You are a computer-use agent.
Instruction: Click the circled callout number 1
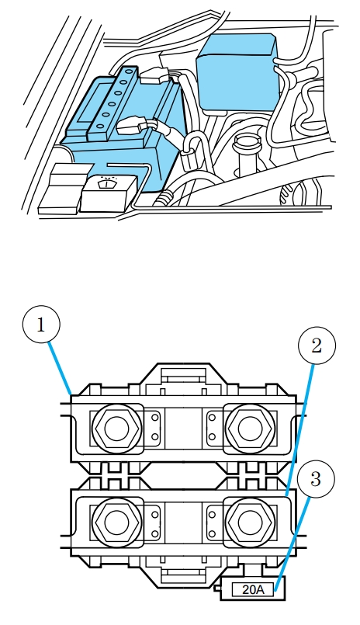click(41, 325)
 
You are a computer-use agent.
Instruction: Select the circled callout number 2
click(317, 345)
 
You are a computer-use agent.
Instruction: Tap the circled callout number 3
click(316, 479)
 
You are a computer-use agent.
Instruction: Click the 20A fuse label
click(253, 589)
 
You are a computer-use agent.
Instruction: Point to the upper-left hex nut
click(116, 428)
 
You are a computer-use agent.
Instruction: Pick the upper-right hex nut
click(250, 428)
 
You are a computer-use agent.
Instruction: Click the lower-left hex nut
click(116, 523)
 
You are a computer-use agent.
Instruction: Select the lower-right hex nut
click(250, 523)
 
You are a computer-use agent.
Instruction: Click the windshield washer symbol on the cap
click(106, 182)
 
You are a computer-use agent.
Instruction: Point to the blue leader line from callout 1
click(60, 368)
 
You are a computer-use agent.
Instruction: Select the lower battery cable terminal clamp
click(130, 126)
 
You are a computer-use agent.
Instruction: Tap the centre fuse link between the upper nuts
click(184, 428)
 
